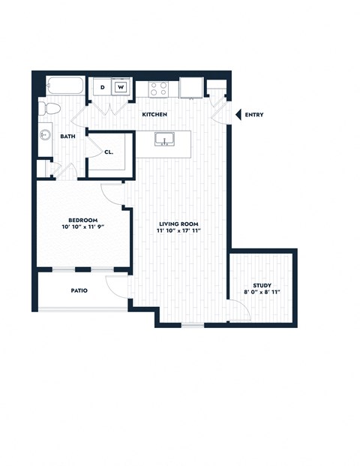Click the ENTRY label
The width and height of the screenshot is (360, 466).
point(253,115)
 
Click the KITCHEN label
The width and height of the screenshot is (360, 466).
point(155,115)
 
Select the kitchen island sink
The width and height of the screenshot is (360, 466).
point(163,140)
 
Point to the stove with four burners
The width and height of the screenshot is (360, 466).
point(159,89)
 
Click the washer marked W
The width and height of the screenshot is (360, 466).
point(120,88)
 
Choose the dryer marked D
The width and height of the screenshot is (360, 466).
point(103,88)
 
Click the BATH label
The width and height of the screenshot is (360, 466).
point(68,137)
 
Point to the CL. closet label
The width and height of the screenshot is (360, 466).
point(109,151)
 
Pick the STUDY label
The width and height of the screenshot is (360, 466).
point(262,284)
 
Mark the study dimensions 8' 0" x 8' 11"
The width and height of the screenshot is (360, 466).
point(262,292)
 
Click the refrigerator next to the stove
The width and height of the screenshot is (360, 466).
point(190,88)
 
